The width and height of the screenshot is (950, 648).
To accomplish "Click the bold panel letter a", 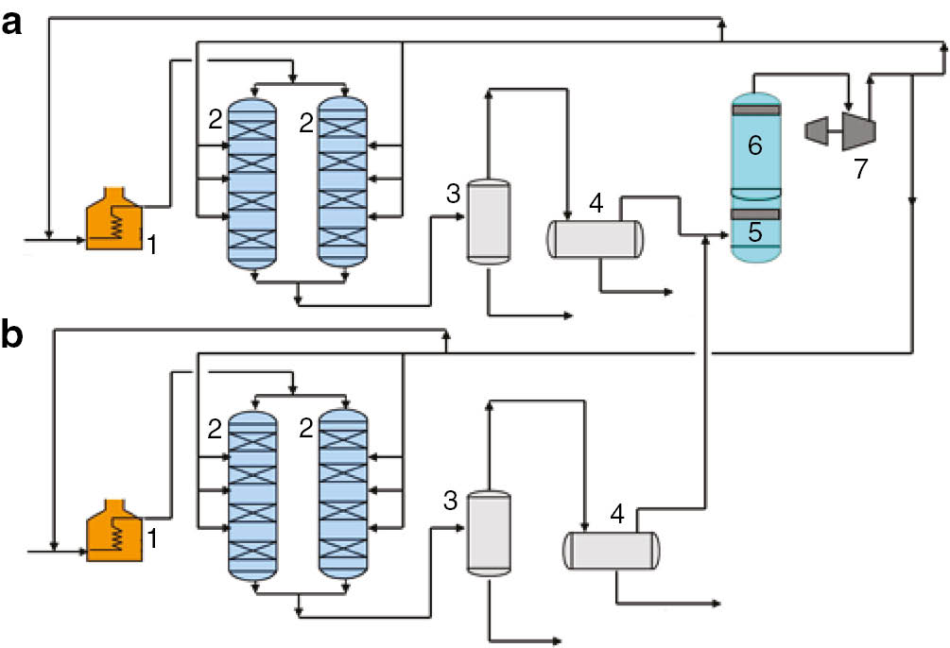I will [12, 26].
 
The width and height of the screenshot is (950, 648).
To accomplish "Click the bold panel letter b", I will [13, 337].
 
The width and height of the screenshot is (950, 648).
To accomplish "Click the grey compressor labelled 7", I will [841, 128].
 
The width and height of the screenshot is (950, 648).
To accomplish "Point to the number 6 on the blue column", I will [755, 145].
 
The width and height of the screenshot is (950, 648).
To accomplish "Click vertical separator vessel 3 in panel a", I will [488, 221].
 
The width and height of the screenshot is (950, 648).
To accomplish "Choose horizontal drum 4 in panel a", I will [595, 238].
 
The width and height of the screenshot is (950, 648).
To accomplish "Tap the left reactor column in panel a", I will [251, 179].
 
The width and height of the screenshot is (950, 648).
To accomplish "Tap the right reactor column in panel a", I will [342, 179].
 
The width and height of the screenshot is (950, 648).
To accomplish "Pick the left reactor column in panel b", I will [251, 491].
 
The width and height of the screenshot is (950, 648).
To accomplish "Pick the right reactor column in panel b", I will [342, 491].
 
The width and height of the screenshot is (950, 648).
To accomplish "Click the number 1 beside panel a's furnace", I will [150, 244].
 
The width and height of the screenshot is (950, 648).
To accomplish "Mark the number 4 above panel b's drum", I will [617, 515].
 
